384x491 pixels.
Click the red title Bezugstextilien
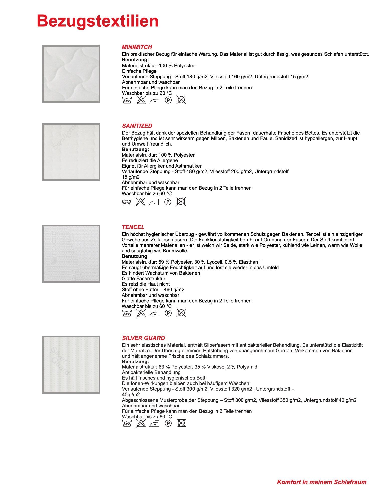98,21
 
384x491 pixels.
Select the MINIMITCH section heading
137,47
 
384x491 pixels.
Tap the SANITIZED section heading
137,126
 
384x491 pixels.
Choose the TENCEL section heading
133,227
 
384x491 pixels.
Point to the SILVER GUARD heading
143,338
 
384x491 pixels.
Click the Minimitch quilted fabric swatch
71,74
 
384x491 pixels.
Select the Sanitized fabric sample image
71,152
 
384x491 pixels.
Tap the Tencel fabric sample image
71,254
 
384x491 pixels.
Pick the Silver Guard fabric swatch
71,364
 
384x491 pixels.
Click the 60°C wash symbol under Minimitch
127,100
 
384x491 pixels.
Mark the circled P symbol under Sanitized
168,202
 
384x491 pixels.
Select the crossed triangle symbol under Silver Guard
141,423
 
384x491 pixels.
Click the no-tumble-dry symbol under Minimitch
181,100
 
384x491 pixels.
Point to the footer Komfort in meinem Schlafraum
322,482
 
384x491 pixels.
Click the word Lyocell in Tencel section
214,262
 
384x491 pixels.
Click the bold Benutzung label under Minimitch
135,60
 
